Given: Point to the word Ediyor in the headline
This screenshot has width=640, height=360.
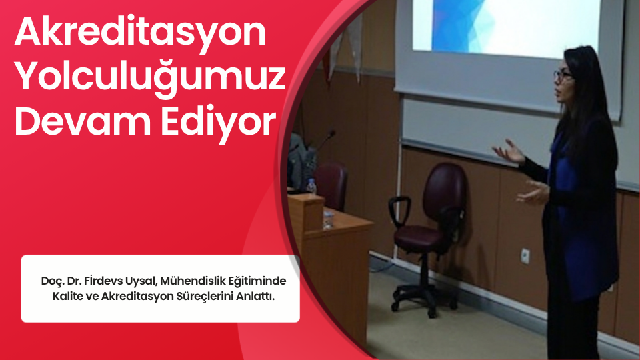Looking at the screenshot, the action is (x=219, y=124).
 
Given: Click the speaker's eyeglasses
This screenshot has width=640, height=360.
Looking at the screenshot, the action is (x=563, y=75).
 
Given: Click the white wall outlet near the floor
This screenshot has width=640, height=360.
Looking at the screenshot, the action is (x=525, y=256).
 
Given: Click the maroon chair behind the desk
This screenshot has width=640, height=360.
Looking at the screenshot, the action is (x=331, y=186).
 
